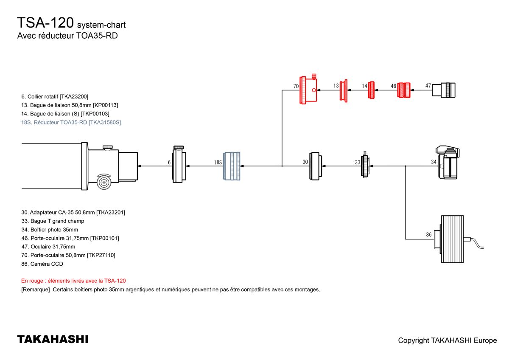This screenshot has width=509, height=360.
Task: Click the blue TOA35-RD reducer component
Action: point(232,166)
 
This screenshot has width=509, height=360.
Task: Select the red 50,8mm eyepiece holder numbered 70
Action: point(309,90)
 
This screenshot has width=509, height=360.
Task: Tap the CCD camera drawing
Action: point(453,239)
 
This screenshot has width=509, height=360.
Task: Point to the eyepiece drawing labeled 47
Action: point(444,90)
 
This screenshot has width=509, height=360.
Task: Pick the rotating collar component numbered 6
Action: point(179,164)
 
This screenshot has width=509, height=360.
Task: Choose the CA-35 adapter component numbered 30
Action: point(315,166)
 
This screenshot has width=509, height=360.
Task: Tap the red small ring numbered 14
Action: point(372,90)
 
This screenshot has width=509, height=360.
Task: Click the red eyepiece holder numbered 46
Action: point(404,90)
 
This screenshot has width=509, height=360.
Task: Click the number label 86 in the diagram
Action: point(429,234)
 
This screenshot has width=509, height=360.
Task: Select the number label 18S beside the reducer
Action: point(218,162)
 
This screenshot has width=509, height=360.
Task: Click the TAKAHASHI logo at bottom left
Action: point(53,339)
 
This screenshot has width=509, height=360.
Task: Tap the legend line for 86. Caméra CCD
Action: point(42,264)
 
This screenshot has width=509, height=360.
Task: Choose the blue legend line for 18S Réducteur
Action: point(71,122)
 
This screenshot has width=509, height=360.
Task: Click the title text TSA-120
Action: point(46,23)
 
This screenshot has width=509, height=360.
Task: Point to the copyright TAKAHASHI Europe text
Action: point(447,340)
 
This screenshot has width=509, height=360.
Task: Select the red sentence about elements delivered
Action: point(73,281)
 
